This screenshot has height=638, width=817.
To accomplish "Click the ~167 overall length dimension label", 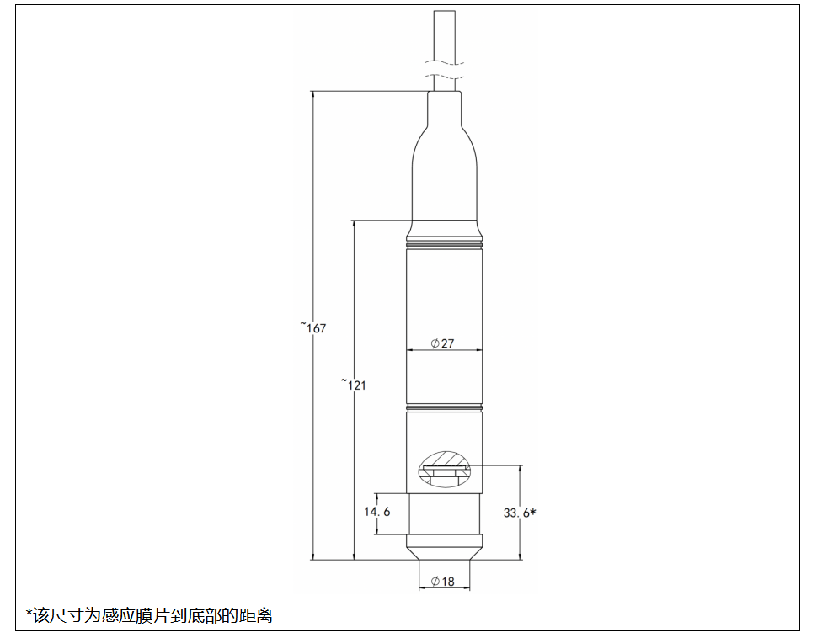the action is click(313, 327).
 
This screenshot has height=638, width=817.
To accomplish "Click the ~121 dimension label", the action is click(353, 384).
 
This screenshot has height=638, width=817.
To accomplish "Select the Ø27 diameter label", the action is click(442, 343).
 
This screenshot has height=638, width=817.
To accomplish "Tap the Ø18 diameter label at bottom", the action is click(443, 582).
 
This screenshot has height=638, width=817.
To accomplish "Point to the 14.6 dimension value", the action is click(376, 512).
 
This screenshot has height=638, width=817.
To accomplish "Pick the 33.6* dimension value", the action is click(520, 513).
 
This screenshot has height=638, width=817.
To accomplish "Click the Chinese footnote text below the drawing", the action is click(149, 615).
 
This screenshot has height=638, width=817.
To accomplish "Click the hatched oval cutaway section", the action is click(444, 469).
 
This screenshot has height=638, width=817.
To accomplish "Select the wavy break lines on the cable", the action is click(444, 71).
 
